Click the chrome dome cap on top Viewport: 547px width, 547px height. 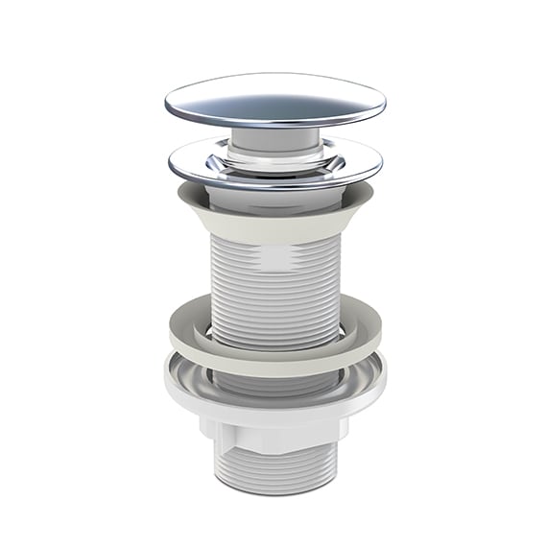click(x=274, y=99)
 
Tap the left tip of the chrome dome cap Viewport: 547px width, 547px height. click(x=167, y=102)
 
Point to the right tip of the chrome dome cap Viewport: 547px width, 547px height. click(x=383, y=102)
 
